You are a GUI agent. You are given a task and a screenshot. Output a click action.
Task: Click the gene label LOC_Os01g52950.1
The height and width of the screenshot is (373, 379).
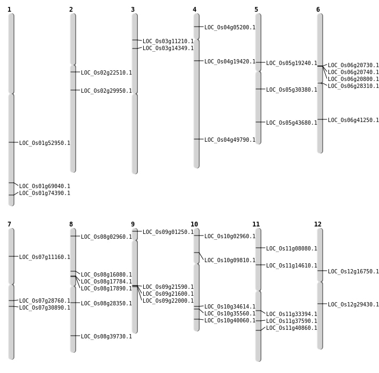click(x=45, y=143)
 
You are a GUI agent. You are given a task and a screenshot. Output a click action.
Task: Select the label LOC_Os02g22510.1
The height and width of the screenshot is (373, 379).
click(x=106, y=72)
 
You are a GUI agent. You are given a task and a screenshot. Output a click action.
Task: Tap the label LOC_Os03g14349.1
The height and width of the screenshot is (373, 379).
click(x=168, y=48)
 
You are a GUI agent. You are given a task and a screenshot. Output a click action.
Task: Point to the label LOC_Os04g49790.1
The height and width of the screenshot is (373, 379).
click(x=230, y=140)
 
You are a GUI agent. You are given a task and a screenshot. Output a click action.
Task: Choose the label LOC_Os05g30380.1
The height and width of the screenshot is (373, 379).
click(x=292, y=90)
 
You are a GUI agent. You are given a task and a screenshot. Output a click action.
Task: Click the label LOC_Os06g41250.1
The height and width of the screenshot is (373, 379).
click(x=353, y=120)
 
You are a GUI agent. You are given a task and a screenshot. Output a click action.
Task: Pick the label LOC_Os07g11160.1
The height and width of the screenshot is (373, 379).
click(x=45, y=257)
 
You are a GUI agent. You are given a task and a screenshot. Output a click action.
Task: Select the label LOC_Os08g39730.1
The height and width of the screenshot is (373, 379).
click(x=106, y=336)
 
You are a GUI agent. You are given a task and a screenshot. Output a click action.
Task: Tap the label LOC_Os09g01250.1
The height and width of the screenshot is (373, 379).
click(x=168, y=232)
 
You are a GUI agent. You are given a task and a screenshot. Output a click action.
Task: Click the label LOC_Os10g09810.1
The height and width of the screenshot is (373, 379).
click(x=230, y=260)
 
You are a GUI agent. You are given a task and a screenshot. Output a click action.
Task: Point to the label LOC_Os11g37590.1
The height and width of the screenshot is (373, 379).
click(x=292, y=321)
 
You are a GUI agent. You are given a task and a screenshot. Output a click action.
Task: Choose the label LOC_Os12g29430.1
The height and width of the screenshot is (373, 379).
click(x=353, y=304)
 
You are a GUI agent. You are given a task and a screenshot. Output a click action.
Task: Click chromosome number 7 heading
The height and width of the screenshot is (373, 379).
click(x=9, y=224)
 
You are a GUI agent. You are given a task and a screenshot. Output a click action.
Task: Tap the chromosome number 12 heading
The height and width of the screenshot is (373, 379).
click(x=318, y=224)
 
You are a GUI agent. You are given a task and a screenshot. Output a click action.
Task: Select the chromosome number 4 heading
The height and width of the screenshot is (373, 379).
click(x=194, y=10)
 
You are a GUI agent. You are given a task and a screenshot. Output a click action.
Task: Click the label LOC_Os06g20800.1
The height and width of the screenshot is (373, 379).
click(x=353, y=79)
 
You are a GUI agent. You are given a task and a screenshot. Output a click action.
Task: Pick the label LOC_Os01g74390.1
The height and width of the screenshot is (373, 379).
click(x=45, y=193)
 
